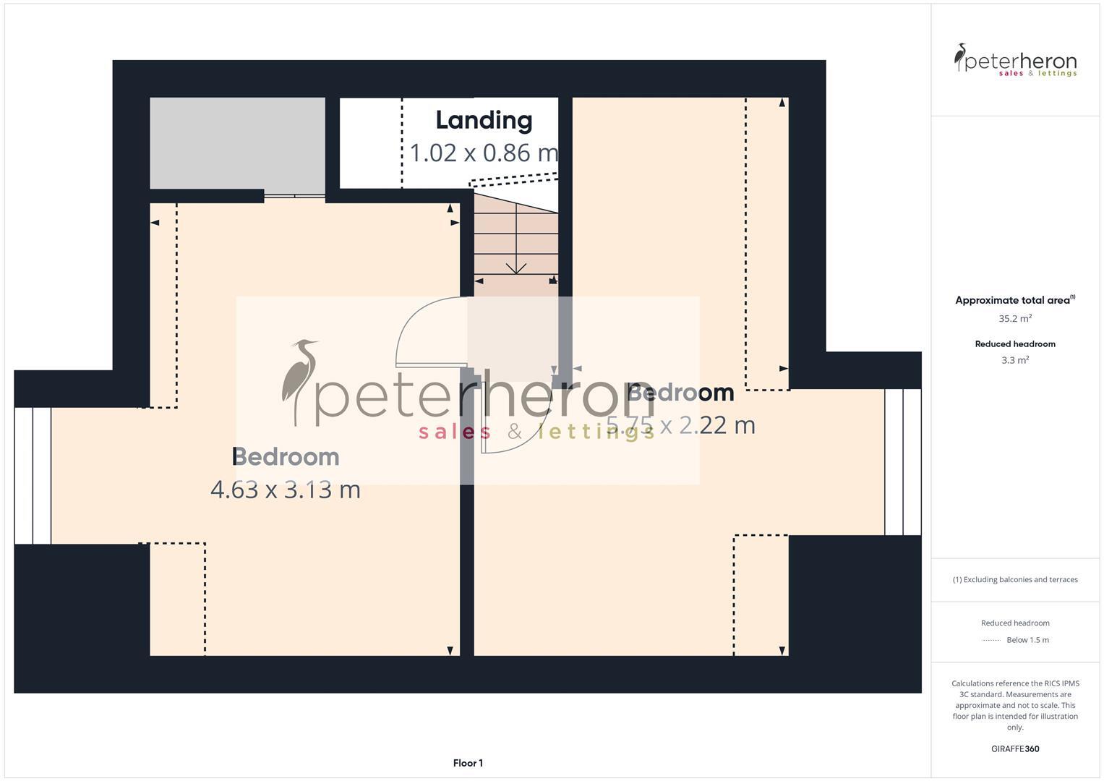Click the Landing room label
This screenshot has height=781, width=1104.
(484, 120)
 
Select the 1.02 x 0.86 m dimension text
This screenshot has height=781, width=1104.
(484, 153)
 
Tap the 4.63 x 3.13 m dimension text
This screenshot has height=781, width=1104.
(285, 490)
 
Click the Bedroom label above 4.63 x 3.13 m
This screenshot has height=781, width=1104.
(285, 457)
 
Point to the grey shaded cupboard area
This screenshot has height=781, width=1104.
(237, 142)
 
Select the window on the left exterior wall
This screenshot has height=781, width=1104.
(33, 476)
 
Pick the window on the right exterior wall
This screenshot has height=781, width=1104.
(903, 462)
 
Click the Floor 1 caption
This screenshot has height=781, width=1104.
(468, 763)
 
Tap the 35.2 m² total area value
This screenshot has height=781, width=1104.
(1014, 318)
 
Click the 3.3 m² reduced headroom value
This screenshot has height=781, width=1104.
(1014, 360)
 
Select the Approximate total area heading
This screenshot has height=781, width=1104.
(1014, 300)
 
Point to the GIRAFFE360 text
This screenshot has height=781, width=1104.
(1014, 749)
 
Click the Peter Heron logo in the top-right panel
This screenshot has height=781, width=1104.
(1014, 60)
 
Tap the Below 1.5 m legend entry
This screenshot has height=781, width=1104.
(1027, 640)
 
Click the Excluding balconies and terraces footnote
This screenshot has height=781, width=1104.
(1014, 579)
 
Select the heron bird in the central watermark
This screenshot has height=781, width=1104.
(300, 381)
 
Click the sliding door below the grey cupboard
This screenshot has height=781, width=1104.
(294, 195)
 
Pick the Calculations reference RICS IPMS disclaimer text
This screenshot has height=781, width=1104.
(1014, 705)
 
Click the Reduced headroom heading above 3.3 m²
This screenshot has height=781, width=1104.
(1014, 344)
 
